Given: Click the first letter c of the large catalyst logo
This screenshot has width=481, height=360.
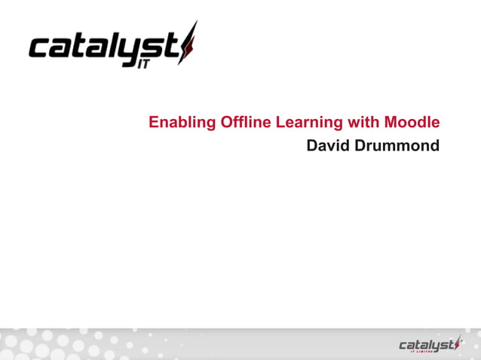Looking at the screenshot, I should [x=40, y=49].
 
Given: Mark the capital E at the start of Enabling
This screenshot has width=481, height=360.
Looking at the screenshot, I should [x=154, y=122].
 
